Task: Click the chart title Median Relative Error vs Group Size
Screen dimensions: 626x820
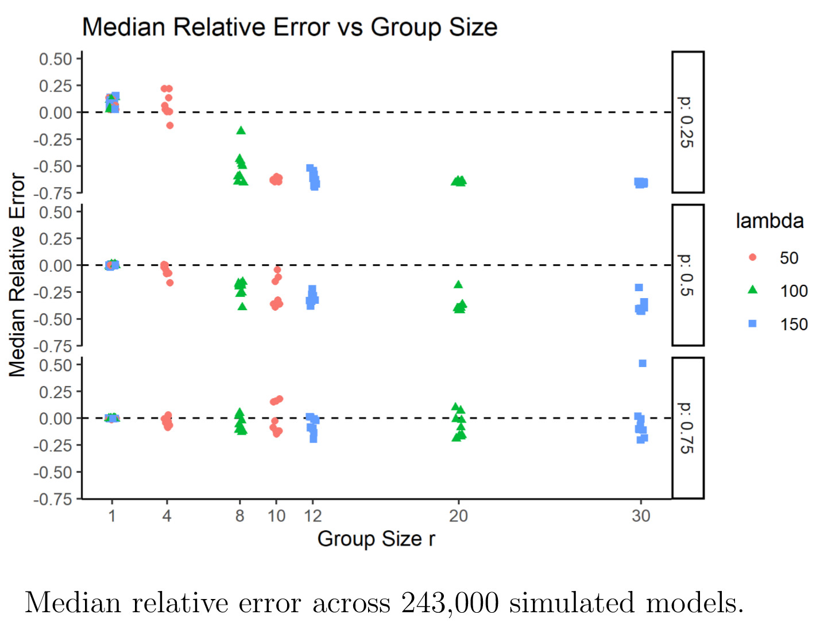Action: coord(289,27)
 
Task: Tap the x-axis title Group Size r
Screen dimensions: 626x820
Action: coord(376,539)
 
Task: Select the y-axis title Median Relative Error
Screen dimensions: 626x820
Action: coord(17,275)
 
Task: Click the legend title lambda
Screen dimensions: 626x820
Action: coord(769,221)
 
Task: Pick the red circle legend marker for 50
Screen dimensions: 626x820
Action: coord(752,257)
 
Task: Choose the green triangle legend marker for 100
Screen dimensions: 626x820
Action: coord(752,290)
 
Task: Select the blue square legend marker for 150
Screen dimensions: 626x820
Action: coord(752,324)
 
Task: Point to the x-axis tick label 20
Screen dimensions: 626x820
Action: coord(458,516)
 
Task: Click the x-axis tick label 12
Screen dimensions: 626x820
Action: coord(312,516)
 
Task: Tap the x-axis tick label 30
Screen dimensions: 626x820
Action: coord(641,516)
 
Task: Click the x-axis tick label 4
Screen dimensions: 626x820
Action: coord(167,516)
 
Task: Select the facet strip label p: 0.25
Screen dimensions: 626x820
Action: coord(687,122)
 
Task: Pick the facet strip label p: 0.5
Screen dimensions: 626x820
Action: coord(687,275)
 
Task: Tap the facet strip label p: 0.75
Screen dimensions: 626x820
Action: coord(687,428)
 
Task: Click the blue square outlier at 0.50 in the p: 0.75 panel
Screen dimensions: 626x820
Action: coord(643,364)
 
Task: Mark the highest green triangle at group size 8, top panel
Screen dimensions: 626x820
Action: coord(241,130)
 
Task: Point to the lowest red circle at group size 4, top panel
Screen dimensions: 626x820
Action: coord(169,125)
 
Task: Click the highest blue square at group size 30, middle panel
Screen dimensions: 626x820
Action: coord(639,287)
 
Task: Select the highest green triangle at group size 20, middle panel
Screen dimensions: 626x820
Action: coord(458,284)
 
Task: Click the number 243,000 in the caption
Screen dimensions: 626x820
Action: coord(450,603)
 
